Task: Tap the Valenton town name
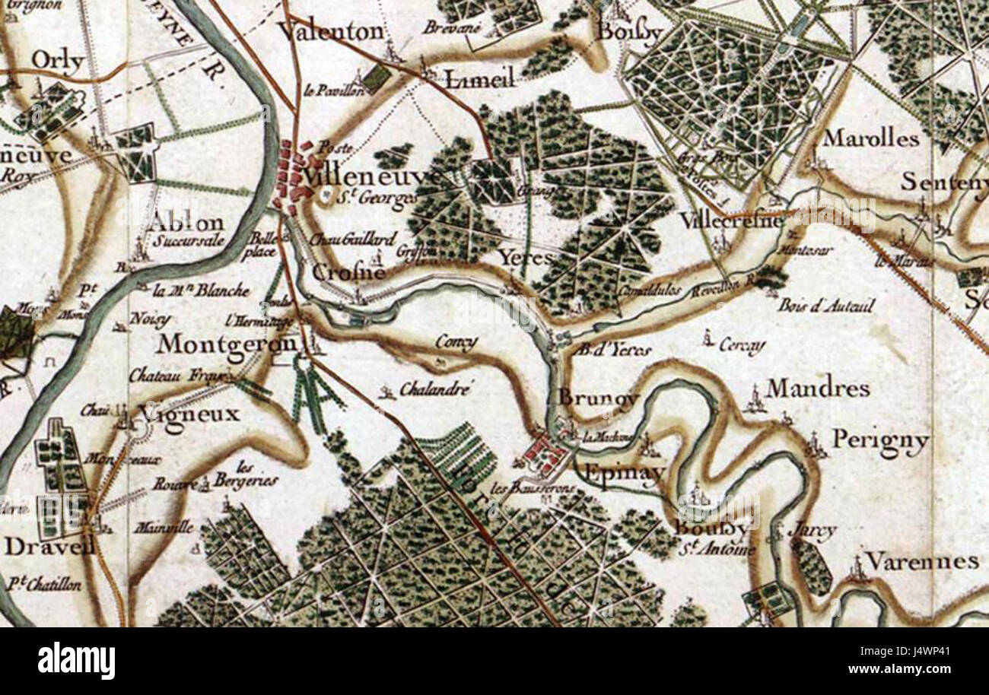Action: click(x=331, y=31)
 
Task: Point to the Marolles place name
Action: click(x=871, y=138)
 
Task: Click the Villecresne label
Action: click(x=731, y=221)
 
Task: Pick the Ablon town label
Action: click(x=186, y=224)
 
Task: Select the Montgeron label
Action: click(x=227, y=344)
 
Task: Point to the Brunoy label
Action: click(x=599, y=398)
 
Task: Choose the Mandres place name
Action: click(x=817, y=389)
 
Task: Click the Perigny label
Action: click(x=880, y=440)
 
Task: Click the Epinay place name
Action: click(x=616, y=473)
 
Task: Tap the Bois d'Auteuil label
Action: click(x=825, y=306)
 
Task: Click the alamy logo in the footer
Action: click(x=76, y=660)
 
